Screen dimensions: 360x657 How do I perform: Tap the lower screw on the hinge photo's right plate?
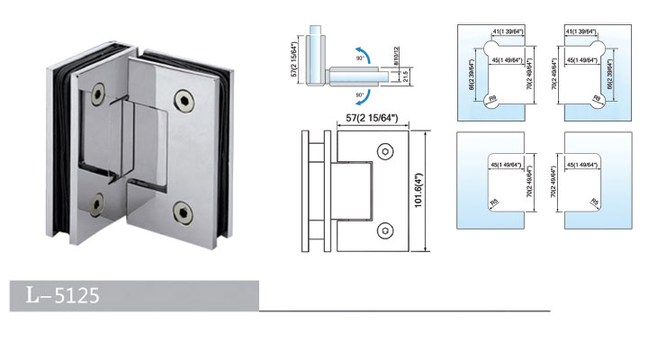[185, 213]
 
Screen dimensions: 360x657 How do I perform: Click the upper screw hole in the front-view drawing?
[385, 151]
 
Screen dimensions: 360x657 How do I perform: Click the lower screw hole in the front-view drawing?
[385, 229]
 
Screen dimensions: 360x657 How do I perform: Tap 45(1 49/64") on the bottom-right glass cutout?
[587, 165]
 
